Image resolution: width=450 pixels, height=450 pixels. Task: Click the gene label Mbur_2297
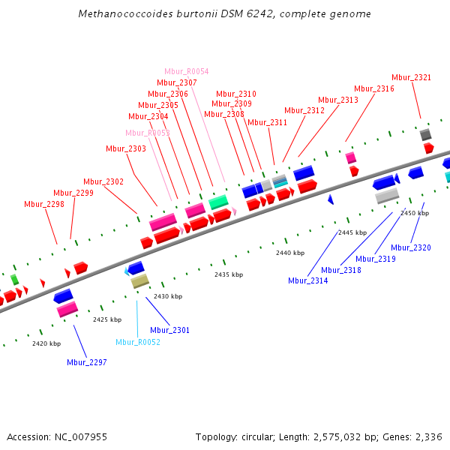pos(87,362)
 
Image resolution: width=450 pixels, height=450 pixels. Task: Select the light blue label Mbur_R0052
pos(138,342)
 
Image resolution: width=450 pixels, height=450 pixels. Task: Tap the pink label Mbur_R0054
pos(187,72)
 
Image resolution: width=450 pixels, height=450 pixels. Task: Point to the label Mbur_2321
pos(412,77)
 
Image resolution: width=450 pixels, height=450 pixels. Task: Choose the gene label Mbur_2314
pos(307,280)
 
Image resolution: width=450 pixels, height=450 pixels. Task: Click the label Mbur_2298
pos(44,204)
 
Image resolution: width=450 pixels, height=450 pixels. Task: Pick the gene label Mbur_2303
pos(126,148)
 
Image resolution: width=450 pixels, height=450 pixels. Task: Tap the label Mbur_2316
pos(374,88)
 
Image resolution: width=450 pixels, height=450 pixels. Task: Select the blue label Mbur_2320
pos(412,247)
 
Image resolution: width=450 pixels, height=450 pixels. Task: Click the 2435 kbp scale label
pos(229,274)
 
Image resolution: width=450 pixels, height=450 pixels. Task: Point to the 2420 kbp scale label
pos(46,343)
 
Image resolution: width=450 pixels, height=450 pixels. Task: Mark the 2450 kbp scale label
pos(415,213)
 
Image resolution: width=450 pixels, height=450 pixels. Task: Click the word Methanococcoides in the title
pos(121,14)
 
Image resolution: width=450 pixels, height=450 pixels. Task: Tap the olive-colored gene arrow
pos(140,281)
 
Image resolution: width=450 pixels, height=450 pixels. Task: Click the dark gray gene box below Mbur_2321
pos(425,134)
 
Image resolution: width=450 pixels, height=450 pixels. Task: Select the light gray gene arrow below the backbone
pos(387,196)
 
